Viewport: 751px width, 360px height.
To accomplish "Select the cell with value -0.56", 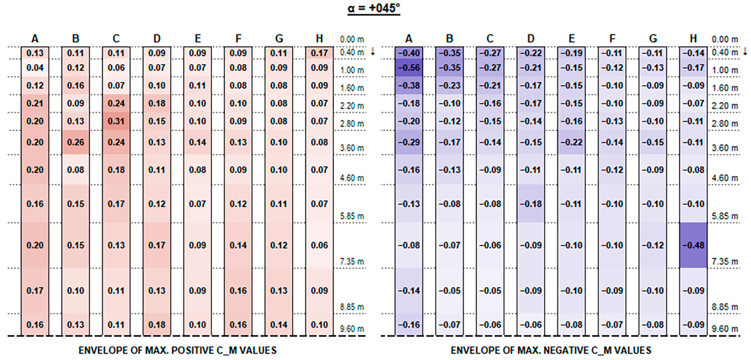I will (x=409, y=68).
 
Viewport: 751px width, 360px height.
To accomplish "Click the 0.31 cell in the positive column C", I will (x=116, y=121).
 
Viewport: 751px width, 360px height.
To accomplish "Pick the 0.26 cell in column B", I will (x=76, y=142).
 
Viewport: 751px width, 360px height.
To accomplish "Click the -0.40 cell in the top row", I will (x=409, y=53).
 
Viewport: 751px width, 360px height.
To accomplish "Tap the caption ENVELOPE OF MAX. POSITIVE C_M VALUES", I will (x=178, y=350).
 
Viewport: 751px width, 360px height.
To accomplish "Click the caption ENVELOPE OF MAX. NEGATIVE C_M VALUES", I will (x=551, y=350).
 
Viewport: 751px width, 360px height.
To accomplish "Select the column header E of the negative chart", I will (x=571, y=38).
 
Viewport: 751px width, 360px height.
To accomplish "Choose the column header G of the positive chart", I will (x=279, y=38).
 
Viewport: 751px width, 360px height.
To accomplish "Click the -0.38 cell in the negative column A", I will (x=409, y=85).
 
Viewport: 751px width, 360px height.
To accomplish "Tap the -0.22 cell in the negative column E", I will (x=571, y=142).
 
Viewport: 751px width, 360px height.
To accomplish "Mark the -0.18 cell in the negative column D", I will (x=531, y=204).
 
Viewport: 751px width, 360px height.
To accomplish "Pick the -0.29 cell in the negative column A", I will (x=409, y=142).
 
